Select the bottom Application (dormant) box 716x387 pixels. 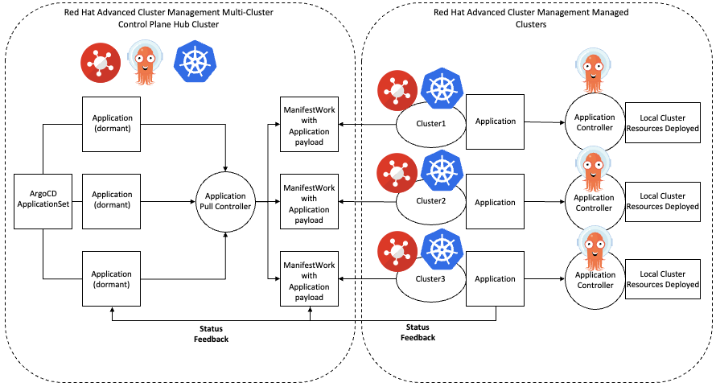pos(112,278)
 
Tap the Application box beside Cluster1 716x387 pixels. pos(495,121)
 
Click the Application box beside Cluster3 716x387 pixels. pos(495,278)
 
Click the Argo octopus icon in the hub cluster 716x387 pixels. pos(146,63)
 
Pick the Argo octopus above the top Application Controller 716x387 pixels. pos(594,72)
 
